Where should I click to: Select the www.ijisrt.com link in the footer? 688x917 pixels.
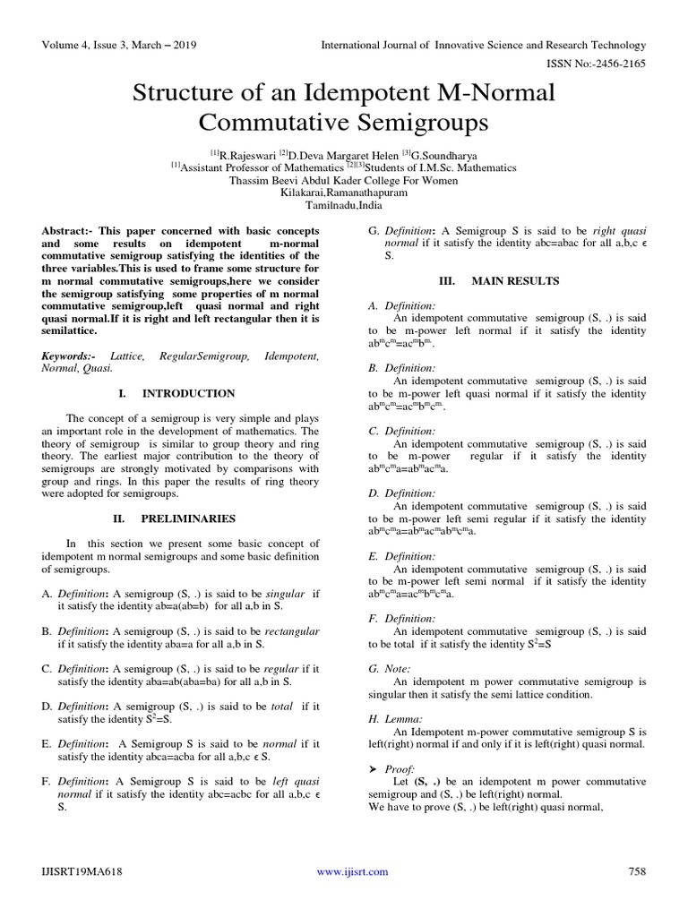(x=354, y=871)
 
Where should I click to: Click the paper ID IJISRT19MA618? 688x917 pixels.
(x=82, y=871)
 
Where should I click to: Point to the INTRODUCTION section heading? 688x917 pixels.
(x=188, y=393)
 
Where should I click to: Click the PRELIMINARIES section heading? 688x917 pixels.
(x=187, y=518)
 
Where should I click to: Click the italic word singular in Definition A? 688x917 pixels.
(x=282, y=594)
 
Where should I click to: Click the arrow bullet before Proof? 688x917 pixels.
(x=373, y=769)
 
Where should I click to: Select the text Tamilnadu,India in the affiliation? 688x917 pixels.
(x=344, y=205)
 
